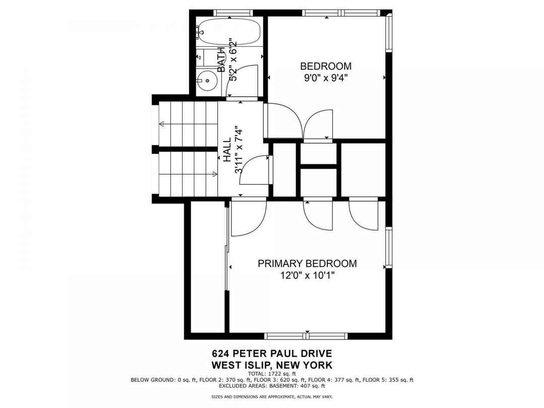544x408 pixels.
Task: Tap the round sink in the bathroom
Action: coord(207,81)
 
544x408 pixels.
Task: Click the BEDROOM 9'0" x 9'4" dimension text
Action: coord(325,78)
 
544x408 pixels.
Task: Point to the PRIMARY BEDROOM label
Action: coord(307,263)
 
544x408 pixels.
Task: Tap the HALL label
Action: coord(227,150)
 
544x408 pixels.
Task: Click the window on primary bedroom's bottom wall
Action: coord(306,335)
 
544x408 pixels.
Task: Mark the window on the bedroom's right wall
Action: coord(389,33)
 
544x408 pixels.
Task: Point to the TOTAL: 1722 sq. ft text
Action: coord(272,374)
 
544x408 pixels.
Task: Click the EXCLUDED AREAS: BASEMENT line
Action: coord(272,386)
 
